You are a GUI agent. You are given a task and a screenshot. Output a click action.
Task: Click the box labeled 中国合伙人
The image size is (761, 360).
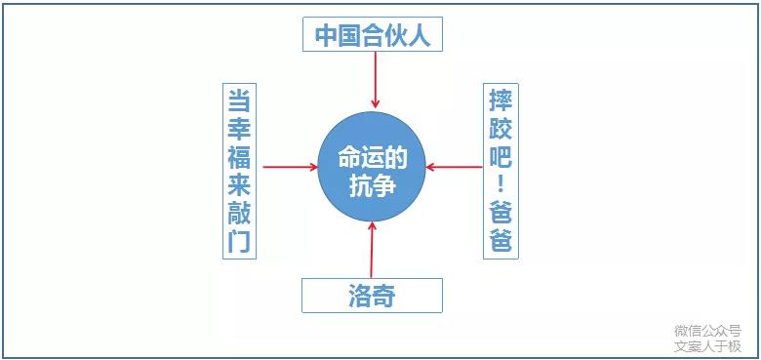coord(373,36)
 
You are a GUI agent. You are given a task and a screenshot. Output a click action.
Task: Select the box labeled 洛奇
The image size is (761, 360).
coord(372,295)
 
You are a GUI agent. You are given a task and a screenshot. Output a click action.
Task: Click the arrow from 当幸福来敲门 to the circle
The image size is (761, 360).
coord(291,167)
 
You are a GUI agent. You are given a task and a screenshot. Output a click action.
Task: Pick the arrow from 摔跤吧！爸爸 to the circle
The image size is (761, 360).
coord(455,167)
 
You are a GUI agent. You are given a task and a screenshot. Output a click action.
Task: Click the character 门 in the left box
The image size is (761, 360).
coord(239,241)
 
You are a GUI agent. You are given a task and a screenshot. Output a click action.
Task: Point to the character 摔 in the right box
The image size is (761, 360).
coord(501,100)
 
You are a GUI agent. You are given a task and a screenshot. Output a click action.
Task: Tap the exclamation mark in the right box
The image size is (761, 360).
coord(501,184)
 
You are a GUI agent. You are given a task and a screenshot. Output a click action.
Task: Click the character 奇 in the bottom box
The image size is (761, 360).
coord(385,295)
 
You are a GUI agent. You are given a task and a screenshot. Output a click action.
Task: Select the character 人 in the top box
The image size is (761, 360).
coord(420,36)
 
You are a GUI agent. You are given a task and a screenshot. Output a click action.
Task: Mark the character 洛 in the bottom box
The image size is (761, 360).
coord(359,295)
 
